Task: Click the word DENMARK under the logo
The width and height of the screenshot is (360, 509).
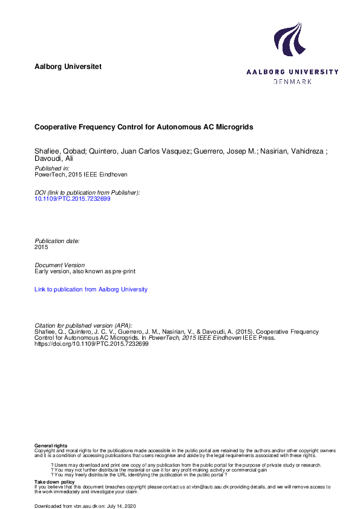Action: click(x=292, y=81)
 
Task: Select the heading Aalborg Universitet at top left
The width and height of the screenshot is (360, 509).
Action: click(x=68, y=65)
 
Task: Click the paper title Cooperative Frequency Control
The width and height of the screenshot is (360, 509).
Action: click(x=143, y=128)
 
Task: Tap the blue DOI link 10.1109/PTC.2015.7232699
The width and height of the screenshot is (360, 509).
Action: click(x=73, y=198)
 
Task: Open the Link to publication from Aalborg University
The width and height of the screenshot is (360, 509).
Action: click(x=91, y=290)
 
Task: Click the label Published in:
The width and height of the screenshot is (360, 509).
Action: click(x=52, y=169)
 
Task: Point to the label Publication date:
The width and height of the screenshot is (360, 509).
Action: click(x=57, y=241)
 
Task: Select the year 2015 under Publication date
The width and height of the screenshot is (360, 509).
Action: click(x=41, y=247)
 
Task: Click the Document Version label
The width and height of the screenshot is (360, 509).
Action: click(x=60, y=265)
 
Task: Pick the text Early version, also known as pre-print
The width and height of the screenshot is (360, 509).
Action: click(x=84, y=271)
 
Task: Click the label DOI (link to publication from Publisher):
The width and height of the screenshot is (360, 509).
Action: click(x=88, y=192)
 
